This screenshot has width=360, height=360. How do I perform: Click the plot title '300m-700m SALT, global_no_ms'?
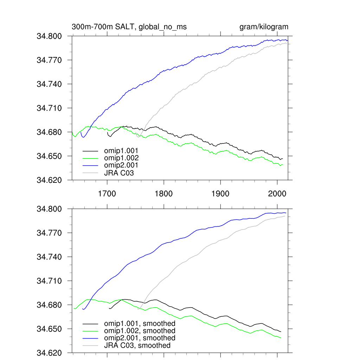pos(129,27)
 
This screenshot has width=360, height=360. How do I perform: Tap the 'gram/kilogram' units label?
pos(264,27)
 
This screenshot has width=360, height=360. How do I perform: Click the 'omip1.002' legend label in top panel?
pos(121,158)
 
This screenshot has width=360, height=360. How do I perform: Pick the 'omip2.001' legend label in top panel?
pos(121,165)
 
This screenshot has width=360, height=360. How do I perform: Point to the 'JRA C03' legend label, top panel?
pos(119,173)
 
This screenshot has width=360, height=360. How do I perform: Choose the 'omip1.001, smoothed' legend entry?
pos(140,323)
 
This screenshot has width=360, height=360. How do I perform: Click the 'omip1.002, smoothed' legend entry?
pos(140,331)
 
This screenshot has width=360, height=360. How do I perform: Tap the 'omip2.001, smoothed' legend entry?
pos(140,338)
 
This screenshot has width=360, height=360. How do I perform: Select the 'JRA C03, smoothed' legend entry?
pos(137,346)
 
